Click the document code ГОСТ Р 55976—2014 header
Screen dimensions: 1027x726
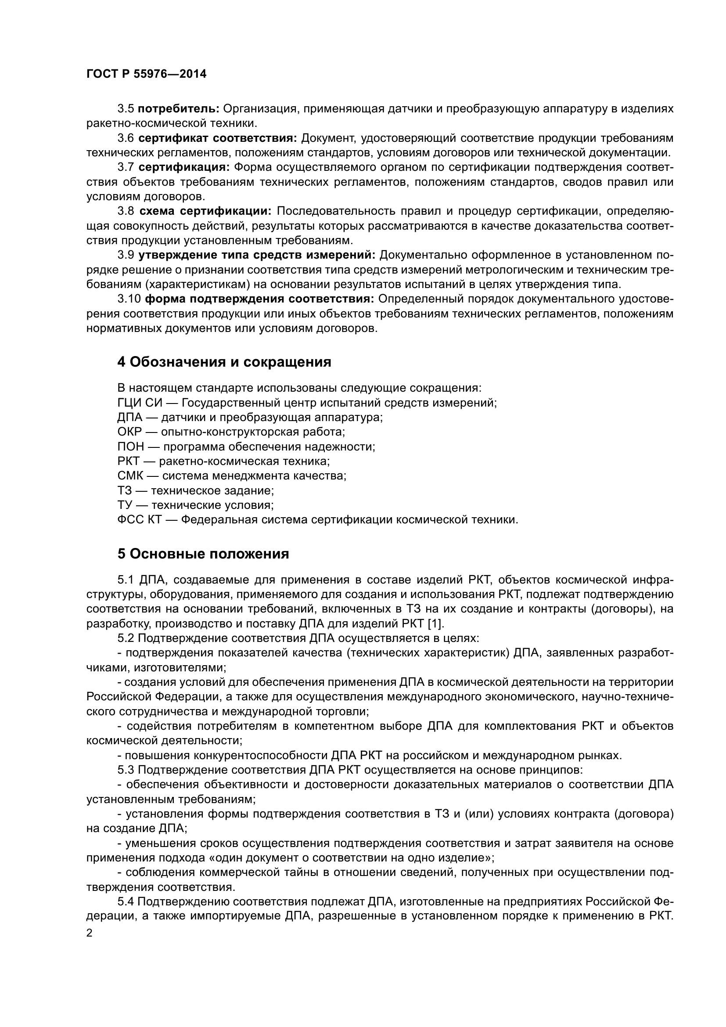coord(146,74)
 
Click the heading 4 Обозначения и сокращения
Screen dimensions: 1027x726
coord(224,362)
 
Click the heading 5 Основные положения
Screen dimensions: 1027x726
coord(203,554)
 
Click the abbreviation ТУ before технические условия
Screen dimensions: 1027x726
coord(125,505)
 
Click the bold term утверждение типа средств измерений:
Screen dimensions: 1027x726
coord(257,255)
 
